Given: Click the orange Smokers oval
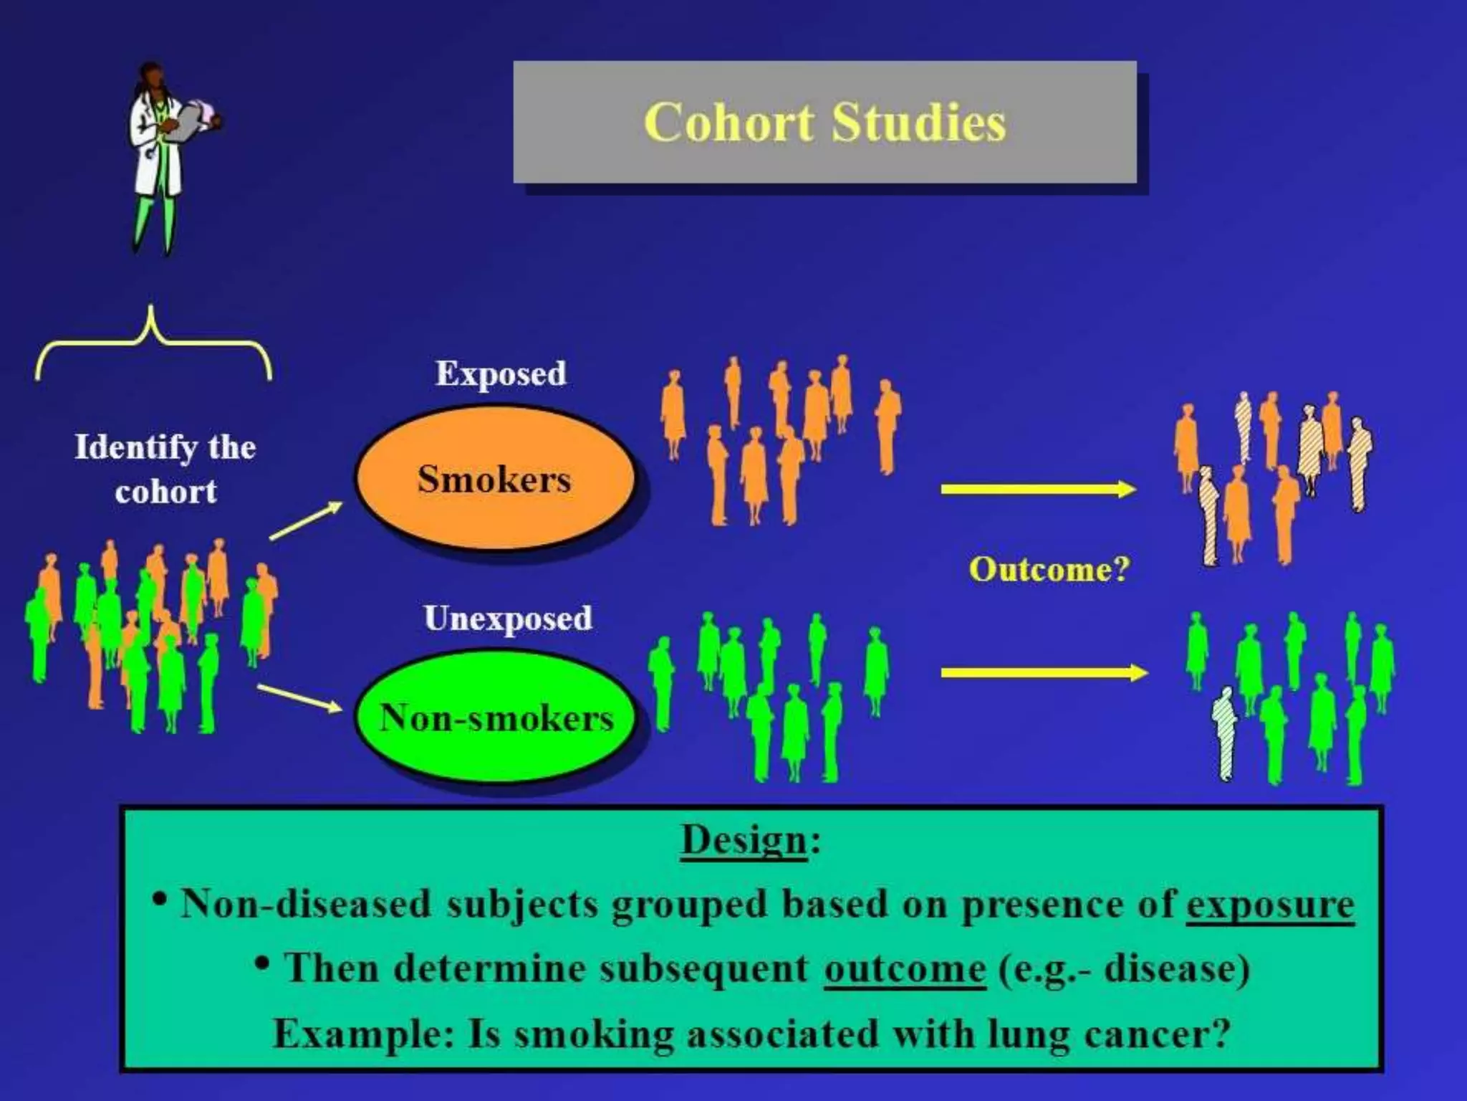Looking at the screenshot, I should click(495, 478).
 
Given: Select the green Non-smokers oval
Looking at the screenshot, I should click(495, 717).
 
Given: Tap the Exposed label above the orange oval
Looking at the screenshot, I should click(501, 373).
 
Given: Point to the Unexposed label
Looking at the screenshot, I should click(508, 619).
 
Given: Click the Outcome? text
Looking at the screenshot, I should click(1049, 569).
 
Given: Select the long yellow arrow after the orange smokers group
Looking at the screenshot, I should click(1038, 490).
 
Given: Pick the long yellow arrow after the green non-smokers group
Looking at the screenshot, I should click(1044, 672).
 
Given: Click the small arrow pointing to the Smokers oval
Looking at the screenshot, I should click(306, 520).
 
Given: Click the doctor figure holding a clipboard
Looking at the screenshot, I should click(167, 158).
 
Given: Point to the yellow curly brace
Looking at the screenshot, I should click(153, 344).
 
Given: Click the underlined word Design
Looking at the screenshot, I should click(744, 840).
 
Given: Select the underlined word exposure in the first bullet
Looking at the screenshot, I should click(1269, 905).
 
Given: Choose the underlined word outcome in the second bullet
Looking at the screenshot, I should click(904, 969).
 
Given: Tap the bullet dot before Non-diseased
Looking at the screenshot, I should click(161, 899).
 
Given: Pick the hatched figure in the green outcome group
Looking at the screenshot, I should click(1224, 733).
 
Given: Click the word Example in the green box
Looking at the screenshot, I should click(362, 1034).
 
